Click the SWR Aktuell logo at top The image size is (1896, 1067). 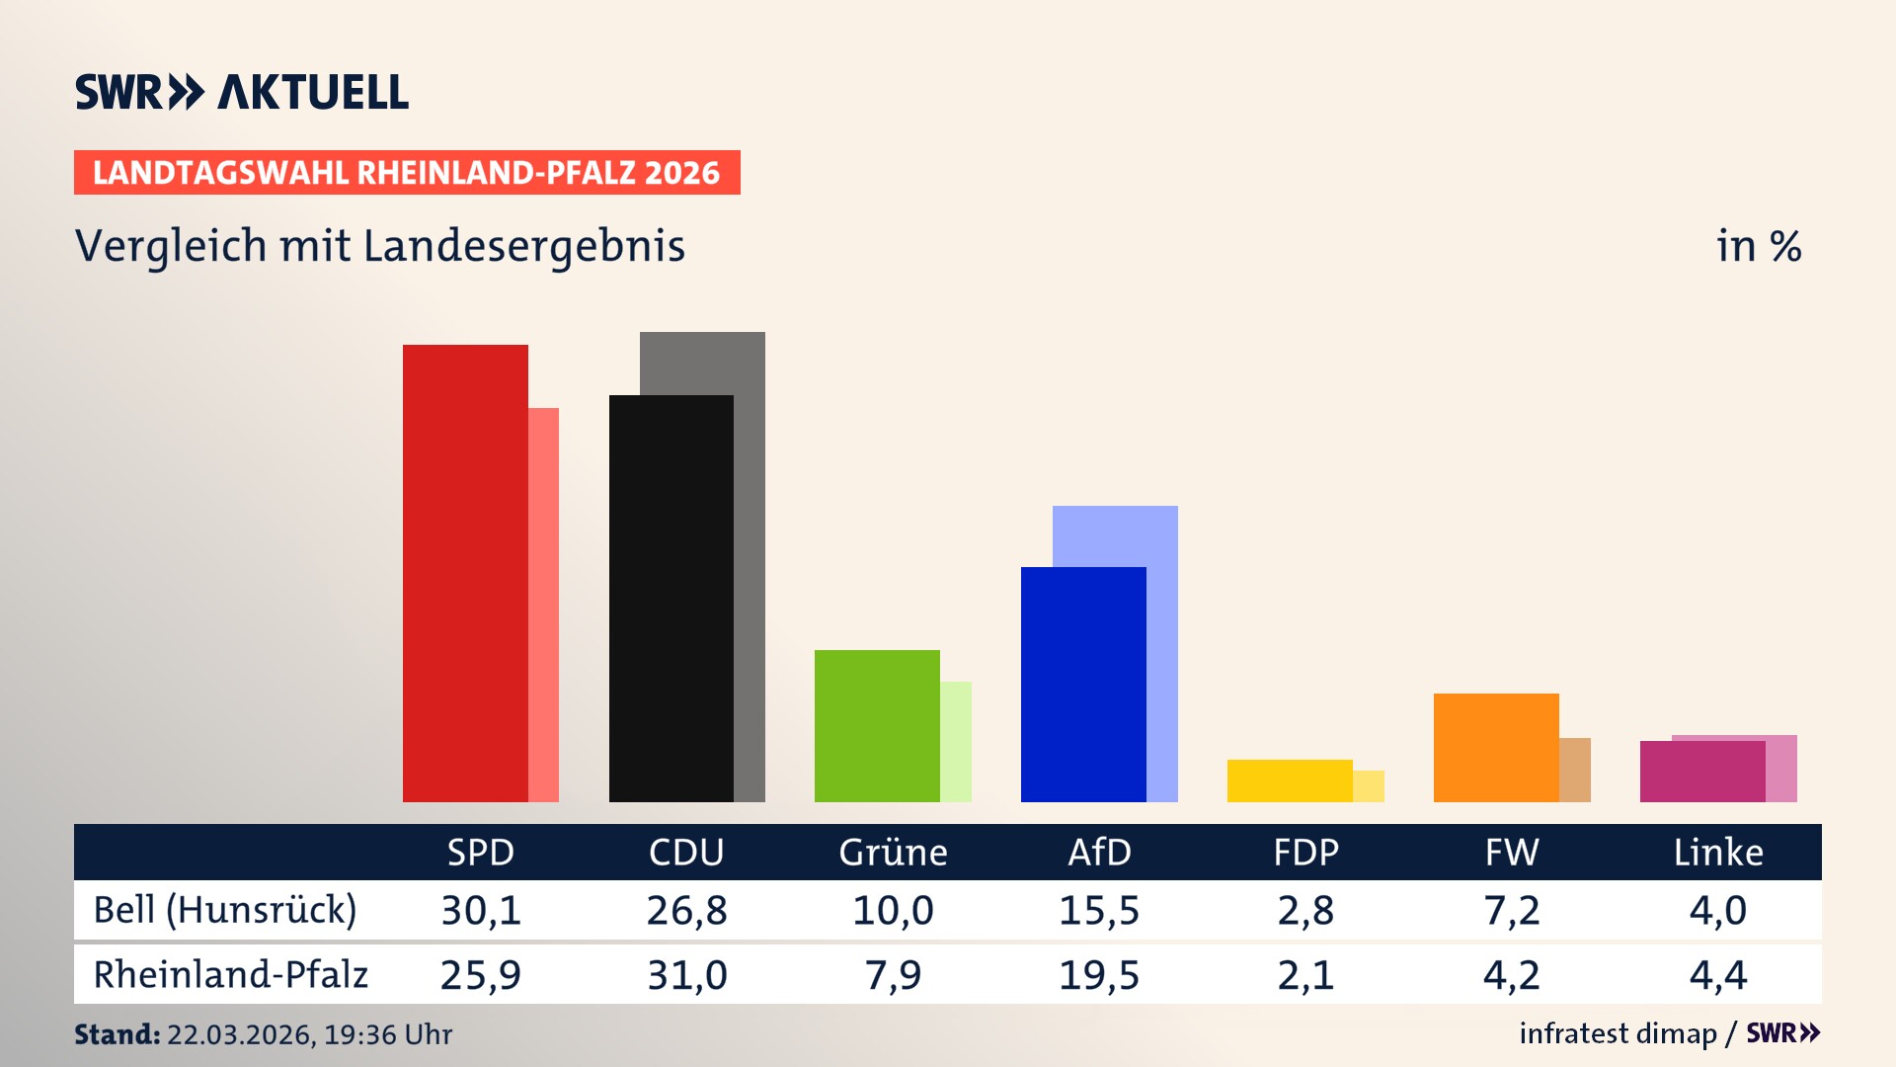pos(241,92)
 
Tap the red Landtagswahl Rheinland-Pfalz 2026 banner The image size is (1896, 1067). pos(406,173)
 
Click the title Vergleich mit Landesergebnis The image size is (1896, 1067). pos(379,246)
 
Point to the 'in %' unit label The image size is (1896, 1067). pos(1758,246)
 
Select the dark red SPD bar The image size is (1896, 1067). pos(464,573)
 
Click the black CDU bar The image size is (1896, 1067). pos(671,598)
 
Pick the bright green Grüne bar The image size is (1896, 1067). pos(876,725)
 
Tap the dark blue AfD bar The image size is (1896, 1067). pos(1082,684)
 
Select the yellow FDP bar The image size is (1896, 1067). pos(1289,780)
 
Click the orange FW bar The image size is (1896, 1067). pos(1495,747)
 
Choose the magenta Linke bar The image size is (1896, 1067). pos(1701,772)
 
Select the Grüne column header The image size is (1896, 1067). pos(893,852)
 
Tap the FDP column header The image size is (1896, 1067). pos(1305,852)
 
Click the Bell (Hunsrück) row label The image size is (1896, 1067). pos(224,910)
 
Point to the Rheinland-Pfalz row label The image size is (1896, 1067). pos(230,975)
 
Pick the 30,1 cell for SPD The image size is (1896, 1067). pos(481,910)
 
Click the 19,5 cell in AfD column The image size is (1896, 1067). pos(1099,975)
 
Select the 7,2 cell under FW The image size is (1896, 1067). pos(1511,910)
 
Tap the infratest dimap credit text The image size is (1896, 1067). pos(1618,1033)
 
